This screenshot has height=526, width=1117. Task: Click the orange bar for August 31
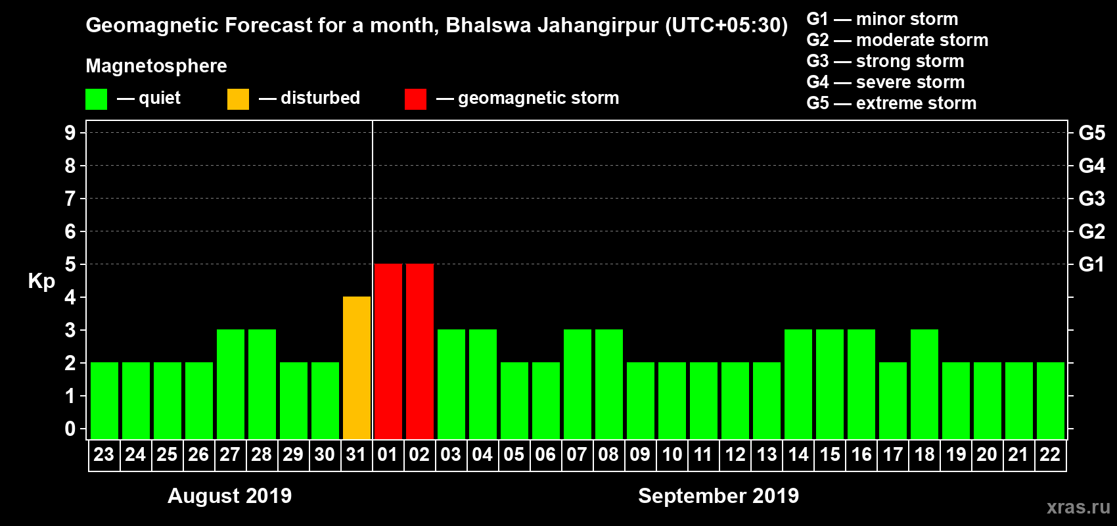point(357,368)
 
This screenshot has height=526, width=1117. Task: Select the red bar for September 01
point(388,351)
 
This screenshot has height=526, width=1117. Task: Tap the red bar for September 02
point(420,351)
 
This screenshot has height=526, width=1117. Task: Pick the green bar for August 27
point(231,384)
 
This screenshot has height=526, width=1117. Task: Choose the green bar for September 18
point(924,384)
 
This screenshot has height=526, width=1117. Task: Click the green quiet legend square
point(97,99)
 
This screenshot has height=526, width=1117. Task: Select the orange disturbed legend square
point(239,99)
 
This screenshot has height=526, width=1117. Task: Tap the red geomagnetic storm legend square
point(415,99)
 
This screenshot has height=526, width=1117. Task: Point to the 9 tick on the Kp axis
point(70,133)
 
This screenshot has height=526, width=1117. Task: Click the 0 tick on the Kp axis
point(70,429)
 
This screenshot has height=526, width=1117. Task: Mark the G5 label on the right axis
point(1091,133)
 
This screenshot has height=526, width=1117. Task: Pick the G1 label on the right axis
point(1091,264)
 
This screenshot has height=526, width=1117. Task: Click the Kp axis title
point(41,281)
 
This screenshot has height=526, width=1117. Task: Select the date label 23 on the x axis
point(104,454)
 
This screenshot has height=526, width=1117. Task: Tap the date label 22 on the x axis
point(1050,454)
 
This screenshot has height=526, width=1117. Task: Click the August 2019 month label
point(229,496)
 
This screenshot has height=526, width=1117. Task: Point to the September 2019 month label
point(718,496)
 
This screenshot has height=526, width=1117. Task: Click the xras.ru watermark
point(1078,507)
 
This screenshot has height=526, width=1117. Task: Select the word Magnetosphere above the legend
point(156,66)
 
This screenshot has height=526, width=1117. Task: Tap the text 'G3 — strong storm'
point(885,61)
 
